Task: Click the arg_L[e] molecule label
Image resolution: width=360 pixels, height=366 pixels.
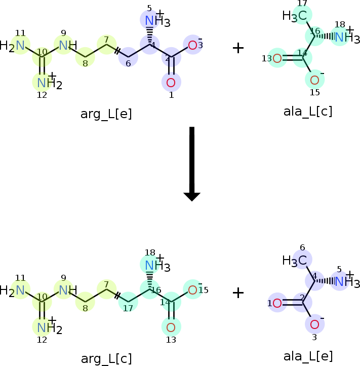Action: tap(106, 114)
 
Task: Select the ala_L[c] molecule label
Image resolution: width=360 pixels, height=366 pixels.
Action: tap(308, 112)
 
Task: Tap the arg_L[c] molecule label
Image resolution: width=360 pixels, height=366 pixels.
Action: tap(106, 359)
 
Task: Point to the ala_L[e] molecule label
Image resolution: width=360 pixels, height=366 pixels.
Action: tap(308, 356)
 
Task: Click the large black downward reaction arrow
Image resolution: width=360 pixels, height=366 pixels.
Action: tap(192, 164)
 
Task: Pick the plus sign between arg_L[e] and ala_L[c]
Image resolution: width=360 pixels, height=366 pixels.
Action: tap(238, 48)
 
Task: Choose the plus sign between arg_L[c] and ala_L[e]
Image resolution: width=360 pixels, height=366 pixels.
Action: tap(238, 292)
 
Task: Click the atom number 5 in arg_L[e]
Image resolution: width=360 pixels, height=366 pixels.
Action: tap(149, 9)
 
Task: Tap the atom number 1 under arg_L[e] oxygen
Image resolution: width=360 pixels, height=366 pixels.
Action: tap(171, 95)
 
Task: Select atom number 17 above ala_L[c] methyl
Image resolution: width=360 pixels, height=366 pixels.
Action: tap(302, 3)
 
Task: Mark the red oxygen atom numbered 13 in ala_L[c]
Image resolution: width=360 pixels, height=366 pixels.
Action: tap(277, 58)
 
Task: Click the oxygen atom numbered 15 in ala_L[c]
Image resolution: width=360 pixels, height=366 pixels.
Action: tap(314, 80)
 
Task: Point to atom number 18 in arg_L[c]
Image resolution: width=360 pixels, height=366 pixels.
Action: tap(150, 252)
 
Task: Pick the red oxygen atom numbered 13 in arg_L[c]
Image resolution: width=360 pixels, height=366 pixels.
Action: tap(171, 327)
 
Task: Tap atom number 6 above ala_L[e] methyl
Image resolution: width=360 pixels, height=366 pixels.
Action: tap(302, 247)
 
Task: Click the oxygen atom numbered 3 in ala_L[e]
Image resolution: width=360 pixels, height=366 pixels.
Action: tap(314, 324)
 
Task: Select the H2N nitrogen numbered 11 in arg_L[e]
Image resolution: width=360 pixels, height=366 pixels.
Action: tap(20, 45)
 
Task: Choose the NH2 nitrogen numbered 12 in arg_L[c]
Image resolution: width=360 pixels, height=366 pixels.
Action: tap(42, 327)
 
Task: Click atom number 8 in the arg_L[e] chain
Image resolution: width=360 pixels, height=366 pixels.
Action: tap(86, 63)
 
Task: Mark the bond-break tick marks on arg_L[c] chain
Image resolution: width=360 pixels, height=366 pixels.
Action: tap(117, 296)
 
